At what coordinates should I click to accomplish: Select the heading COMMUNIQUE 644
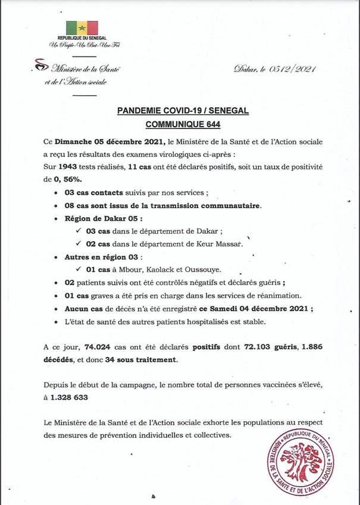coord(182,126)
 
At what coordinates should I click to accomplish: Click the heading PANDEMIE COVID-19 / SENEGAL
coord(182,112)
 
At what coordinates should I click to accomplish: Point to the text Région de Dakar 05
coord(99,218)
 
